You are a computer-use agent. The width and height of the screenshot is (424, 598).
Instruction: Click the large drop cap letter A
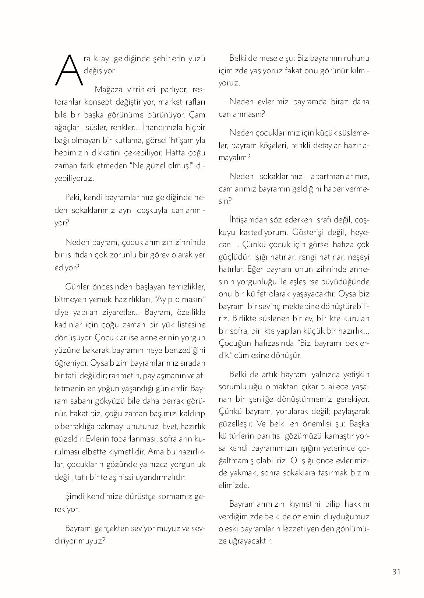coord(69,70)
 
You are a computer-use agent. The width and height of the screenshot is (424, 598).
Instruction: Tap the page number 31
coord(396,571)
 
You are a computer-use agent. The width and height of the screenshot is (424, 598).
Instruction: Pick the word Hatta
coord(175,152)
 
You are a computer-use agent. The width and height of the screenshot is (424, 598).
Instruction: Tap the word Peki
coord(73,197)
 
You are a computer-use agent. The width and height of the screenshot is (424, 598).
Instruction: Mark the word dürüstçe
coord(140,496)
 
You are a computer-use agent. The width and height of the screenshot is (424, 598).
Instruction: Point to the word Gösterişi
coord(309,232)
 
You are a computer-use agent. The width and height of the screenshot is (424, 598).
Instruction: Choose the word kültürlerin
coord(236,436)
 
